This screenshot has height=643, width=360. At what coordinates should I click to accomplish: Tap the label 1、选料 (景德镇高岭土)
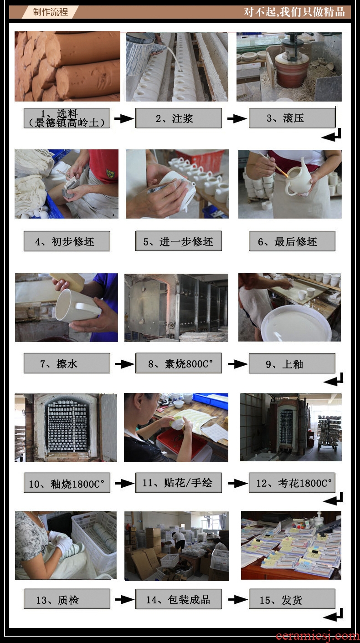pos(67,118)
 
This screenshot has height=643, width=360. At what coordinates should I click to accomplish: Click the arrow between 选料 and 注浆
pos(124,118)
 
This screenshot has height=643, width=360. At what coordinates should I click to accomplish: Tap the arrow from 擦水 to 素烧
pos(124,364)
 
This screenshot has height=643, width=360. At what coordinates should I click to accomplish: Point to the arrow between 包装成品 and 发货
pos(237,599)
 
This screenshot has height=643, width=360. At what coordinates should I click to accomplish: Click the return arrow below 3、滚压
pos(332,135)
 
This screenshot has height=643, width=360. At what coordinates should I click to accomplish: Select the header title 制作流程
pos(50,12)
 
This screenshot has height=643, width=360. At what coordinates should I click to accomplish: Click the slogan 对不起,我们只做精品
pos(294,12)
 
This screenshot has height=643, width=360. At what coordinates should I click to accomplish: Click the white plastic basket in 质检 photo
pos(95,539)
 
